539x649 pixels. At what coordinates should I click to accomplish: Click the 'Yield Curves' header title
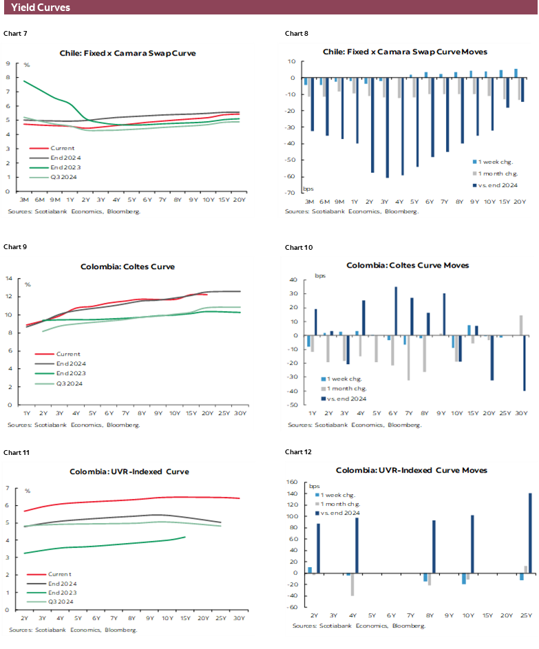click(40, 8)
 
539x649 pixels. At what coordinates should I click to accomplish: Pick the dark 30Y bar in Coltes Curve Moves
click(524, 363)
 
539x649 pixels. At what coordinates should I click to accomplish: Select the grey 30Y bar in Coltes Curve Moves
click(520, 325)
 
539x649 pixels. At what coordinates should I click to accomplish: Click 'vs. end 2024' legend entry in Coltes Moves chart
click(351, 398)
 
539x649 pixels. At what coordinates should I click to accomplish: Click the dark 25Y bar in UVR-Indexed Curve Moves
click(530, 533)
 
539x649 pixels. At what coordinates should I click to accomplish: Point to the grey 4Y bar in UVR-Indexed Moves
click(352, 584)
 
